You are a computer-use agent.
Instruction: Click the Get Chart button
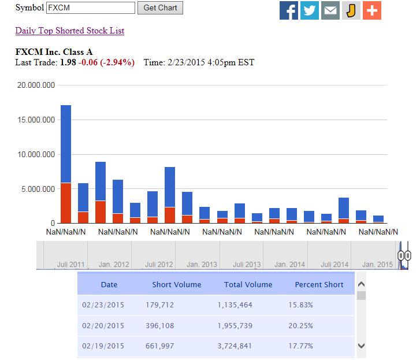(160, 8)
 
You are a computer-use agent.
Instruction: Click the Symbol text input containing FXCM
(90, 8)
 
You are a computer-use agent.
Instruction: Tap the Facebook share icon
(289, 11)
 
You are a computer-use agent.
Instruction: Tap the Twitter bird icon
(310, 11)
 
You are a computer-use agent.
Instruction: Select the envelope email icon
(330, 11)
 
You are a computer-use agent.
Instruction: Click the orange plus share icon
(372, 11)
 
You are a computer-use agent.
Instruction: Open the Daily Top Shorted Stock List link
(70, 31)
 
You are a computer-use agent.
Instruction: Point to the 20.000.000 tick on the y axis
(37, 85)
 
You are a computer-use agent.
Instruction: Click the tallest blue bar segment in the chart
(66, 144)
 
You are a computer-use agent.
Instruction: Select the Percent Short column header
(319, 284)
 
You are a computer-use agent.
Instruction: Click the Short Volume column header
(177, 284)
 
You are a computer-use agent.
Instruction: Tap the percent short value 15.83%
(300, 305)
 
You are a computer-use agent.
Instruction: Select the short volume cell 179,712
(160, 305)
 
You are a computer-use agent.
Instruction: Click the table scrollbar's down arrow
(362, 346)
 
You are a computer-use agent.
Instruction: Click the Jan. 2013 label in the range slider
(202, 265)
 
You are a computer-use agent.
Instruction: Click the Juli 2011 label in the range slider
(71, 265)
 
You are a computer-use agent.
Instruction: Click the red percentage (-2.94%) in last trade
(116, 62)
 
